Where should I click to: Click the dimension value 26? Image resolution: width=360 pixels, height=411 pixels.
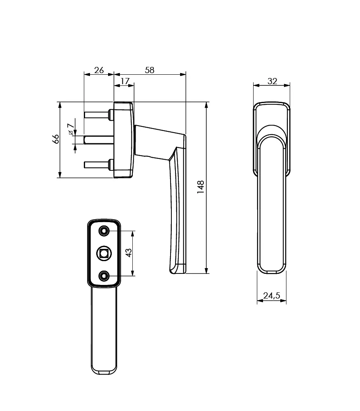99,70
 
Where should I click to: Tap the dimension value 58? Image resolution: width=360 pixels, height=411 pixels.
150,70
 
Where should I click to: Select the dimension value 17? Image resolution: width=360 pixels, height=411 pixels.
125,81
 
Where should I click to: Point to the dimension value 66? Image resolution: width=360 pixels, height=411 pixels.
55,139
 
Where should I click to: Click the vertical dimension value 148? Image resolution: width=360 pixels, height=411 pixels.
201,187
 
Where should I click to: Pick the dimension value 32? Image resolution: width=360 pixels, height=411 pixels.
272,81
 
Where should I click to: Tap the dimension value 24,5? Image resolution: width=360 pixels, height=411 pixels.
272,295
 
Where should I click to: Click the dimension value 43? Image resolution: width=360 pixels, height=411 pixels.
129,253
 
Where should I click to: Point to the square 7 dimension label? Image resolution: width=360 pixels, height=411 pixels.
70,129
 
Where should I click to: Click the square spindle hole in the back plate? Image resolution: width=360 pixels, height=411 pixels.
104,253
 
